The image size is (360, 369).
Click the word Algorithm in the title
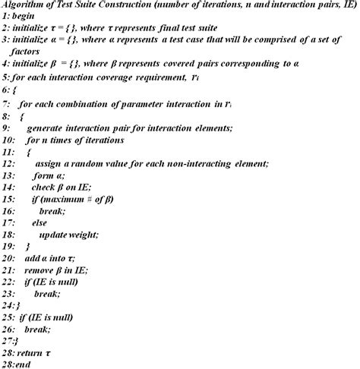(x=24, y=7)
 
